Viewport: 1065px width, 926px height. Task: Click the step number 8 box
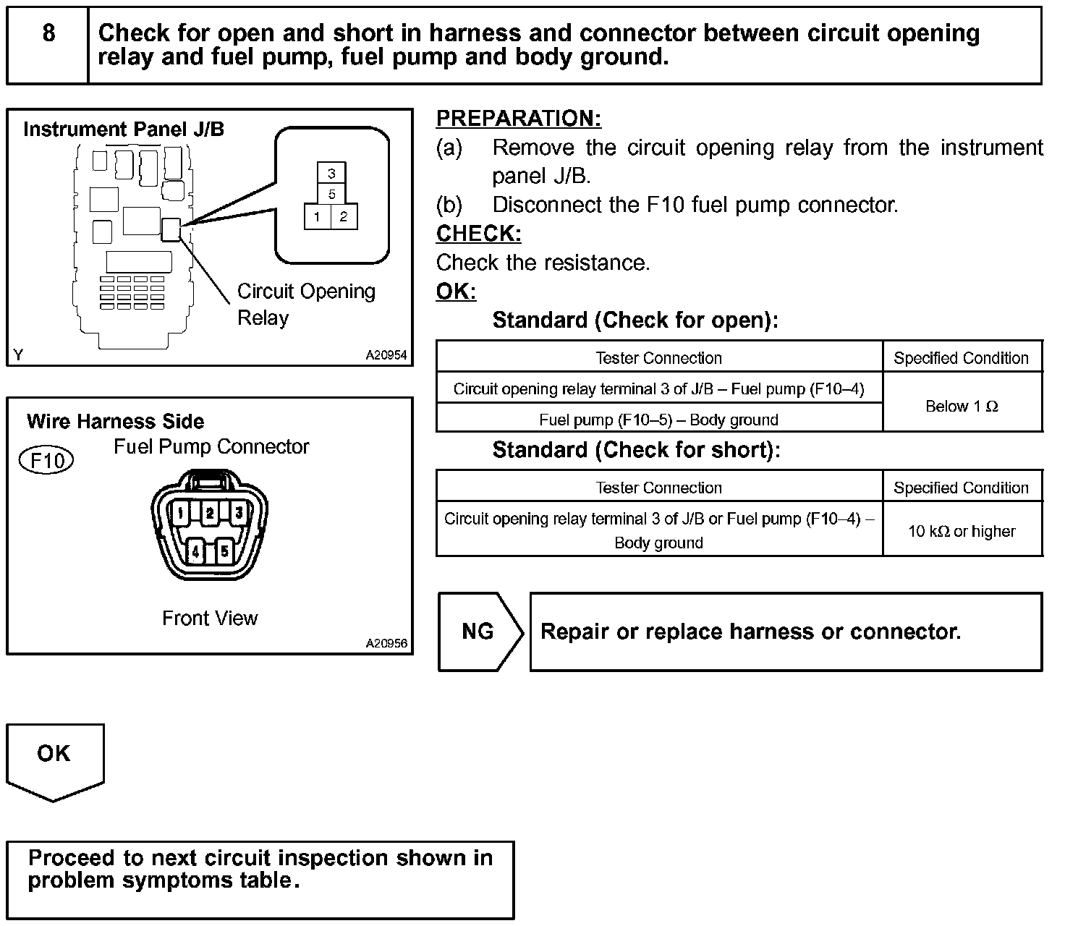48,45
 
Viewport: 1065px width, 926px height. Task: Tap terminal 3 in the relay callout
331,174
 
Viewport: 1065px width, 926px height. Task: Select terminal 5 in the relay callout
331,195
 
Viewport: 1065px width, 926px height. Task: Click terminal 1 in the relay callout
317,216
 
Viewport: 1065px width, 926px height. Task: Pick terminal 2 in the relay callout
344,216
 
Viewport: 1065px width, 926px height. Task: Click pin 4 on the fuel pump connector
195,551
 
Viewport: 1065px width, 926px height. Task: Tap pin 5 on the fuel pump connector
225,551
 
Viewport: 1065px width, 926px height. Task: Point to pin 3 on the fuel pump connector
239,513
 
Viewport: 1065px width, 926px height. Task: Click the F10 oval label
46,461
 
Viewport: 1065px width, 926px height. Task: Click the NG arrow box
479,632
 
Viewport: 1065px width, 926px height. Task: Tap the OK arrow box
55,756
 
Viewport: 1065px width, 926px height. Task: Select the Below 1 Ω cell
962,407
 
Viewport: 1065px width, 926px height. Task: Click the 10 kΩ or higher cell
962,531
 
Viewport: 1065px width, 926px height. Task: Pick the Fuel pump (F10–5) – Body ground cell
658,420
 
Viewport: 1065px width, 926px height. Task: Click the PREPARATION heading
518,118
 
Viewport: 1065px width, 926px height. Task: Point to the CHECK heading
478,234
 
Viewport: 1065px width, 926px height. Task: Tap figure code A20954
386,355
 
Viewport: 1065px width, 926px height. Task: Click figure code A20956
386,643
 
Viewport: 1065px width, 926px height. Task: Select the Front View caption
210,618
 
